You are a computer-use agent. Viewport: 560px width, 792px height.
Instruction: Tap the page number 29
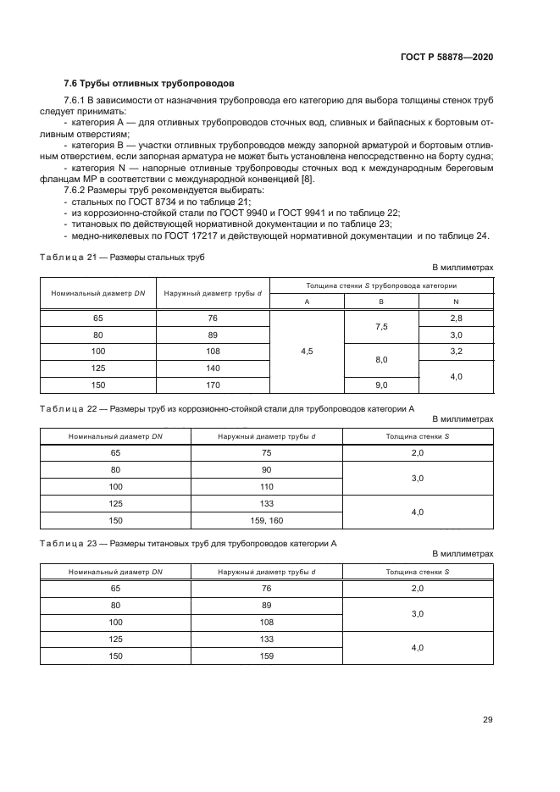(x=487, y=720)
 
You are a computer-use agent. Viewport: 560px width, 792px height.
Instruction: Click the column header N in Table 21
(x=456, y=301)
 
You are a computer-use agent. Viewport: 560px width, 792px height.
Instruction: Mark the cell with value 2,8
(x=456, y=318)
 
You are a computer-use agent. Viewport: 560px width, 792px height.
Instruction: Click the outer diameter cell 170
(x=213, y=385)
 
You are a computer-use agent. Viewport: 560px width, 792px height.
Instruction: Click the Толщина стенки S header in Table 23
(x=418, y=571)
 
